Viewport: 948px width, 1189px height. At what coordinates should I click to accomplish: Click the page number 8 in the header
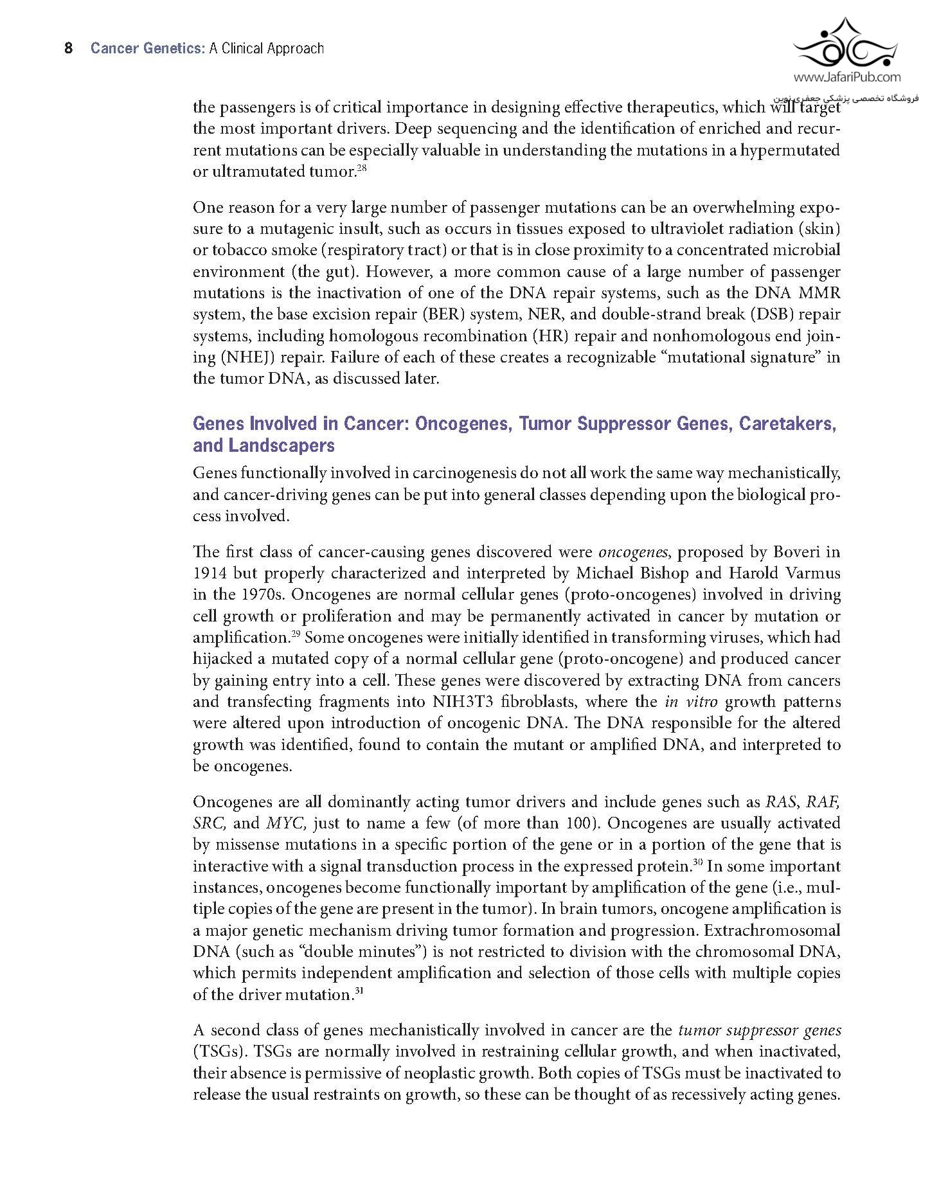coord(69,49)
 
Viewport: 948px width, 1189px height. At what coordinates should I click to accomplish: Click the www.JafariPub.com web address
coord(846,78)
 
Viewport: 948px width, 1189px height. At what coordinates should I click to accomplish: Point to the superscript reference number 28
coord(361,168)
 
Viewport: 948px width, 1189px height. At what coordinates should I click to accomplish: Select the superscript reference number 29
coord(296,634)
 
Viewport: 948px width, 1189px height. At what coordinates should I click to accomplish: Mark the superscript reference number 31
coord(359,991)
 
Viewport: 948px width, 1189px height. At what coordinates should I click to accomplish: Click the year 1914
coord(210,573)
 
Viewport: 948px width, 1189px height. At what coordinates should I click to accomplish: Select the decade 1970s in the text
coord(260,594)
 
